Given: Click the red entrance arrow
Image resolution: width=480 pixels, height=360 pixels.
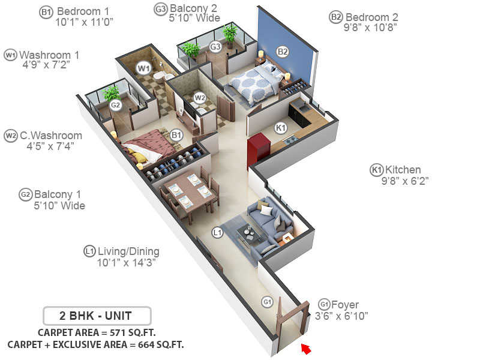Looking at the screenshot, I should point(307,347).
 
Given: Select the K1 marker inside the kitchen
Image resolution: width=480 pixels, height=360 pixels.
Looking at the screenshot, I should point(280,127).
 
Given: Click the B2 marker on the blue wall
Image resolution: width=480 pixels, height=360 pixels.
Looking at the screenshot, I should point(283,52).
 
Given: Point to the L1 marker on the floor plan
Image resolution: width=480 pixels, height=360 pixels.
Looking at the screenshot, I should point(218,231).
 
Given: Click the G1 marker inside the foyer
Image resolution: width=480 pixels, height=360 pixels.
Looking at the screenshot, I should point(268,302).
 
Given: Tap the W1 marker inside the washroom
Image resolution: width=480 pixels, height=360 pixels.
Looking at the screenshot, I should point(143,68).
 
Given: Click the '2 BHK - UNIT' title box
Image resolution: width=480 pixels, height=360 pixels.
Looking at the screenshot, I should point(97,315).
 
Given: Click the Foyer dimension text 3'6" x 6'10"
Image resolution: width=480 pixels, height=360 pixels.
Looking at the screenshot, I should point(341,316).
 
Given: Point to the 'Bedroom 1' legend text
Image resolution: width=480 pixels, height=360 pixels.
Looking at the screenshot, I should point(85,11).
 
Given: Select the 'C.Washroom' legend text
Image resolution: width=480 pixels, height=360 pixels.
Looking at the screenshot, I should point(51,136).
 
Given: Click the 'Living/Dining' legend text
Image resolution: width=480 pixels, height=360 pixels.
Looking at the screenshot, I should point(129,251).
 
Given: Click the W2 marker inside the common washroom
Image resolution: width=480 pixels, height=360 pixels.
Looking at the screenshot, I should point(200,97).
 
